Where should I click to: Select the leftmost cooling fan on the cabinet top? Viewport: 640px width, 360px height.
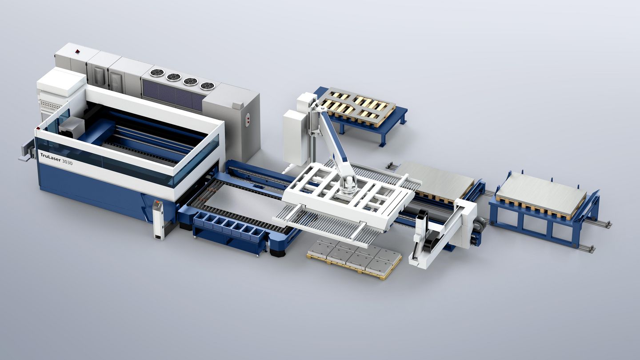click(157, 72)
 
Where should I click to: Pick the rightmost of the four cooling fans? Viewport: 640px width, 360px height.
click(207, 86)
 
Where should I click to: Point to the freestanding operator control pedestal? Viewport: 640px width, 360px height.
click(158, 219)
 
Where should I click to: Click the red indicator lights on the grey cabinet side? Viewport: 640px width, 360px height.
click(247, 120)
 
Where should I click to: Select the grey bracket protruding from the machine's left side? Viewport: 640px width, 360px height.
click(27, 151)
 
